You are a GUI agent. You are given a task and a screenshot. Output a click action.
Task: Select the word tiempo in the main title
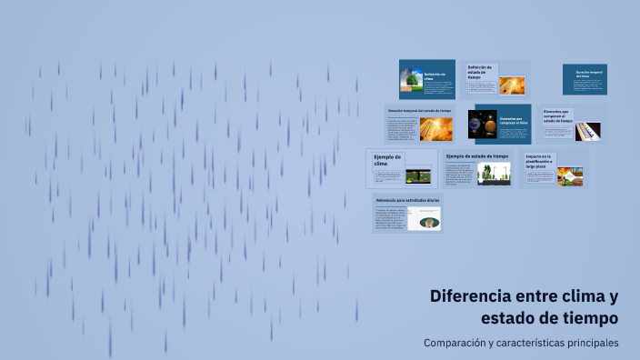[x=588, y=318]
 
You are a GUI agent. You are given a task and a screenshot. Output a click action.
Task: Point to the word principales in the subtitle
[x=590, y=343]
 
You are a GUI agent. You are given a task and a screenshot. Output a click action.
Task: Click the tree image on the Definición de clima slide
[x=411, y=81]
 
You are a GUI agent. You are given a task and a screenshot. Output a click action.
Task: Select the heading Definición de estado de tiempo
[x=479, y=72]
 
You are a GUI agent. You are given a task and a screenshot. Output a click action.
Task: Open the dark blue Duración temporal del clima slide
[x=584, y=79]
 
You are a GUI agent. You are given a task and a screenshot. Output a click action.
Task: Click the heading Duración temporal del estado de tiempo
[x=419, y=111]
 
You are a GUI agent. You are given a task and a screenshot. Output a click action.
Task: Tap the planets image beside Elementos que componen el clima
[x=481, y=124]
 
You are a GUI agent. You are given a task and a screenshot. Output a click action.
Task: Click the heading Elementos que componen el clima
[x=512, y=121]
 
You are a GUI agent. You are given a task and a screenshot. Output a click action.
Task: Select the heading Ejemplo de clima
[x=386, y=160]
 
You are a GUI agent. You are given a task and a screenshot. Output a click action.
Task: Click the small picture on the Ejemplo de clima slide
[x=417, y=175]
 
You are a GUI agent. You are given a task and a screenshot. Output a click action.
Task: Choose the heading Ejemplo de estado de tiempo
[x=477, y=156]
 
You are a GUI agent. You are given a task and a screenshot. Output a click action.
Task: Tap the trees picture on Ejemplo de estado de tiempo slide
[x=494, y=173]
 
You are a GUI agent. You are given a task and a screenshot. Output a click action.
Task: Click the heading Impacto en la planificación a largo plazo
[x=539, y=162]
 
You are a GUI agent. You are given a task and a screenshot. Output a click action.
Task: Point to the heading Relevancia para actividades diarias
[x=405, y=199]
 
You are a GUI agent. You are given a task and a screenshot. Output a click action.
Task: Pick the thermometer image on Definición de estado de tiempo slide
[x=511, y=85]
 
